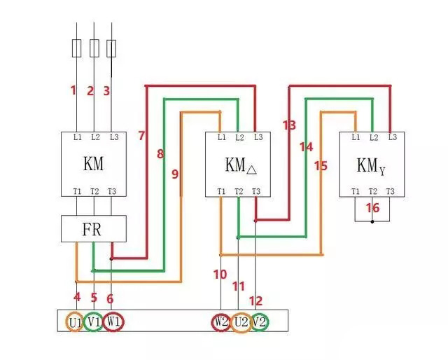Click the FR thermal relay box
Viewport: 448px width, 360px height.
point(94,228)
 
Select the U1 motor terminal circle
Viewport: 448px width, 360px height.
point(75,323)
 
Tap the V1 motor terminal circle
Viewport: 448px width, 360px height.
point(94,323)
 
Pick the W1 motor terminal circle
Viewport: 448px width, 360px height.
point(114,323)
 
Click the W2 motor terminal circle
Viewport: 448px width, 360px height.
point(221,323)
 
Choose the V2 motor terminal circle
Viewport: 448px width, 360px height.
point(260,323)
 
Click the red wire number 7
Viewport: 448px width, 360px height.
point(142,135)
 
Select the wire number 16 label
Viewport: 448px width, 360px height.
point(372,208)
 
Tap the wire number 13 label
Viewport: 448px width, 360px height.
point(289,125)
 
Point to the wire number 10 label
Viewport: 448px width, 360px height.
point(220,275)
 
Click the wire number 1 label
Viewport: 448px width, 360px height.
point(73,90)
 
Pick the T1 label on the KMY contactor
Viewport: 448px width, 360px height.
point(356,192)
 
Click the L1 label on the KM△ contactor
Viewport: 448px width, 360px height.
point(222,137)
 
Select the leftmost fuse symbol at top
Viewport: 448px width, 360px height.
point(76,48)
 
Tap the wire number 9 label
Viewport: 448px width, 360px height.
point(175,173)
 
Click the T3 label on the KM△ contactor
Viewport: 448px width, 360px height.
point(256,192)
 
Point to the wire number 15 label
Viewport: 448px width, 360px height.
point(321,166)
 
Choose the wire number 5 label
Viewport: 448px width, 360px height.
point(94,298)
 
